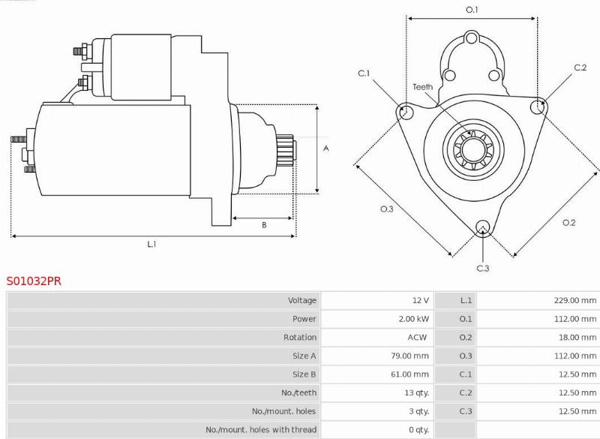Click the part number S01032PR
pos(34,281)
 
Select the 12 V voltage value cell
pos(420,300)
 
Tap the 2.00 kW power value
pos(414,319)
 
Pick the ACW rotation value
pos(417,338)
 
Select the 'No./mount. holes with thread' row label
pos(261,430)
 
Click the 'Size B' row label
pos(304,374)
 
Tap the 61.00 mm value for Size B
pos(411,374)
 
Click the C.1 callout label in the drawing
pos(364,73)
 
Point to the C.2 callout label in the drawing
pos(580,68)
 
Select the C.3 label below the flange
pos(483,268)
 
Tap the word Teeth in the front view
pos(422,87)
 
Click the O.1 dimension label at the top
pos(472,10)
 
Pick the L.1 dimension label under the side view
pos(151,244)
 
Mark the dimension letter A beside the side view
pos(325,149)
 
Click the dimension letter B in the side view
pos(263,225)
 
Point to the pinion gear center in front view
pos(472,150)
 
